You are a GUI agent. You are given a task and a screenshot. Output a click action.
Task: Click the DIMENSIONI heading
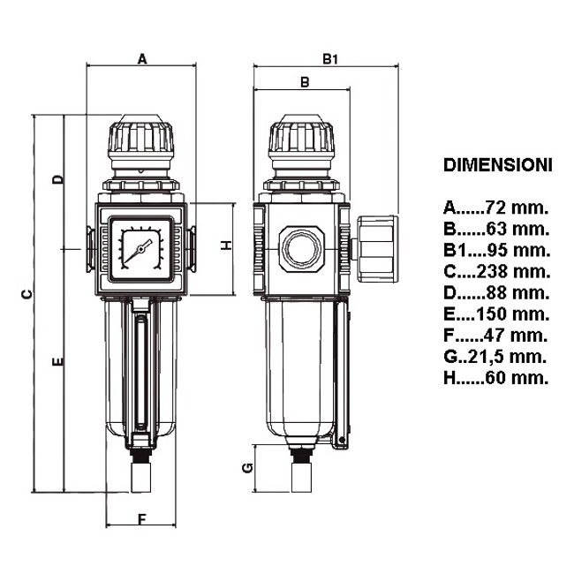coord(497,165)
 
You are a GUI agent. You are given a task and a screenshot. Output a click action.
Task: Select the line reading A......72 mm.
coord(496,208)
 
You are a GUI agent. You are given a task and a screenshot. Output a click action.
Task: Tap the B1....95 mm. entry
coord(497,250)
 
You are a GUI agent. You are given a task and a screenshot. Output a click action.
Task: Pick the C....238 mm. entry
coord(497,271)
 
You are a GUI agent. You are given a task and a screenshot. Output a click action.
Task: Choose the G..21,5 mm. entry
coord(495,357)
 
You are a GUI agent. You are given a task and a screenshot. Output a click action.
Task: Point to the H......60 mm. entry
coord(496,378)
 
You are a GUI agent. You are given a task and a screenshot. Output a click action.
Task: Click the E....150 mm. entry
coord(497,313)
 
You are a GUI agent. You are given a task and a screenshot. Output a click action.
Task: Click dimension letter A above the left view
coord(142,58)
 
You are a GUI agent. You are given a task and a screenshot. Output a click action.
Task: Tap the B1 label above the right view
coord(330,59)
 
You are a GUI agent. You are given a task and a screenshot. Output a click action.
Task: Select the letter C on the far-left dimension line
coord(26,294)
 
